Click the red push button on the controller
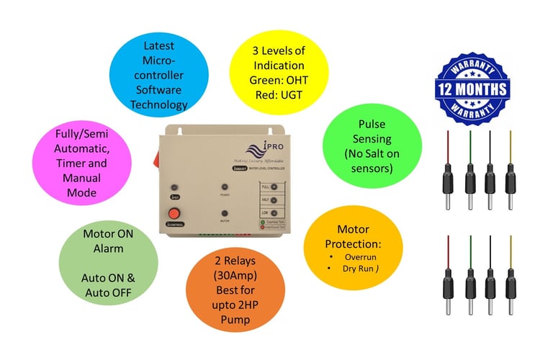[x=174, y=213]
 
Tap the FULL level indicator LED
[x=274, y=186]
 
